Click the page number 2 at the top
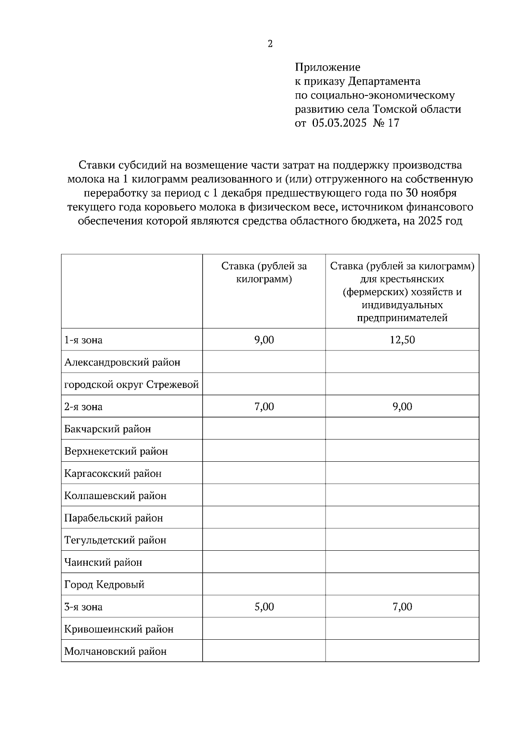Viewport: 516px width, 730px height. (x=270, y=44)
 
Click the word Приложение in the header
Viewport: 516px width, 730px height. (x=327, y=67)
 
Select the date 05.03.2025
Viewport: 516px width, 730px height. (x=339, y=123)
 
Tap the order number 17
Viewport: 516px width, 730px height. (x=393, y=123)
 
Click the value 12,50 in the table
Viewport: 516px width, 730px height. (x=402, y=340)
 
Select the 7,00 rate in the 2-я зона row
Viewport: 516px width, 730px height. (x=264, y=407)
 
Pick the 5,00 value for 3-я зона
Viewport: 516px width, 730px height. (x=264, y=607)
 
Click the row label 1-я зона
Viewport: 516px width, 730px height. (x=83, y=340)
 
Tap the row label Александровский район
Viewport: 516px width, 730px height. (x=122, y=362)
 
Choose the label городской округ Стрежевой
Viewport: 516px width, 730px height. (x=131, y=384)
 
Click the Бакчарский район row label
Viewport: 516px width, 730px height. (x=107, y=429)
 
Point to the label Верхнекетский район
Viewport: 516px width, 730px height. (x=116, y=451)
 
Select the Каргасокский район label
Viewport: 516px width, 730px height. (x=113, y=474)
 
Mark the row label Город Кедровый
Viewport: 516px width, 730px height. (x=104, y=585)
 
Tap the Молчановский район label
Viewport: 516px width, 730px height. (x=115, y=651)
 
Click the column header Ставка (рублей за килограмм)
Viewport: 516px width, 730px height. (x=264, y=273)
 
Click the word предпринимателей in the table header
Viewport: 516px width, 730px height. (x=402, y=318)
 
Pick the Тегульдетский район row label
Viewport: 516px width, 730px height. (x=115, y=540)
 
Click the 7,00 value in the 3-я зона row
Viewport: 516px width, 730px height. (x=402, y=607)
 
